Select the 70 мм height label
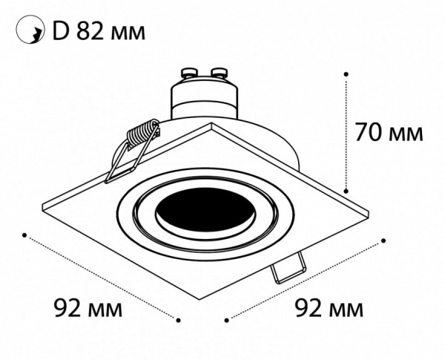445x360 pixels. coord(389,133)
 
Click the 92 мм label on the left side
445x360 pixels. coord(88,306)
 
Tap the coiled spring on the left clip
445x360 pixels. coord(144,135)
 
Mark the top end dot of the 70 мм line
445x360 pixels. coord(346,73)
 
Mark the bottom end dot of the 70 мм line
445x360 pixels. coord(346,191)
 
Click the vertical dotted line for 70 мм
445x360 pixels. coord(346,132)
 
